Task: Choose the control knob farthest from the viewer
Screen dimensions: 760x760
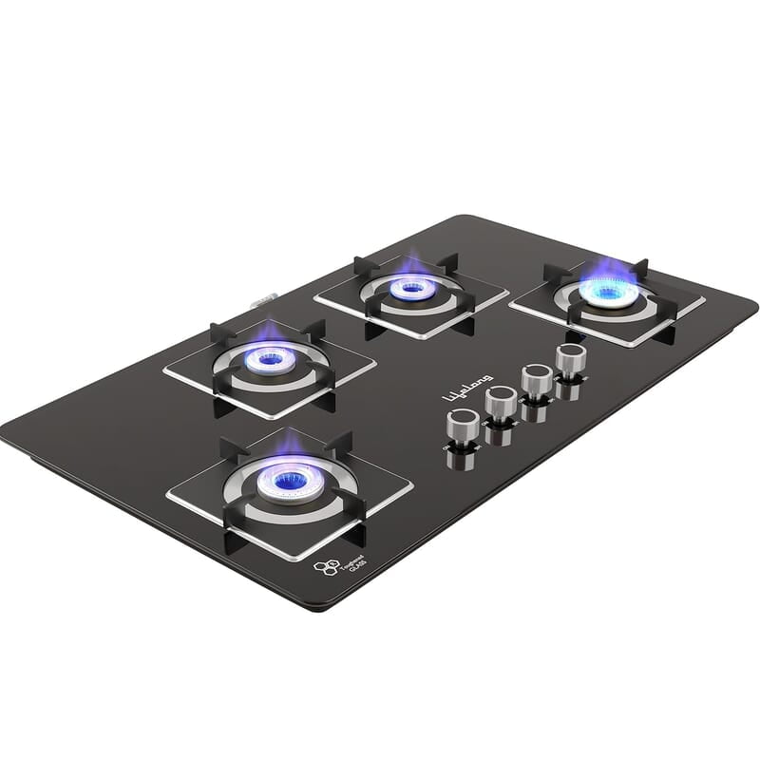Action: tap(571, 360)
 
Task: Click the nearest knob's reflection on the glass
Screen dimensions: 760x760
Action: tap(460, 461)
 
